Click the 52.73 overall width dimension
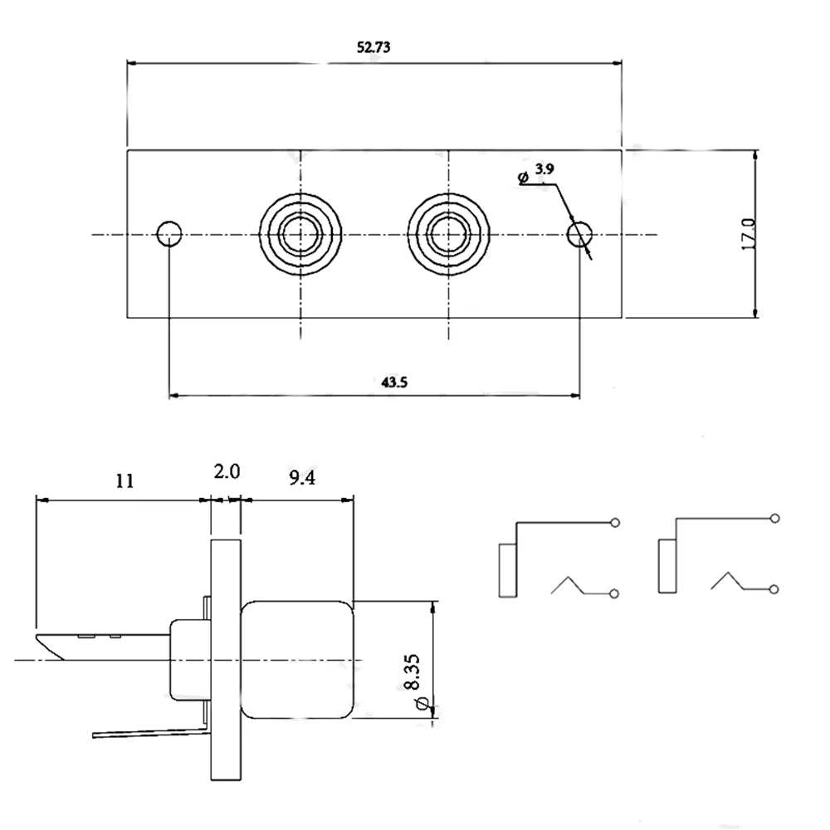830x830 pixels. click(373, 47)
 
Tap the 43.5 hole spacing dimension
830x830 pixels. click(394, 382)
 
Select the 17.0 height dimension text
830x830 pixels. click(749, 234)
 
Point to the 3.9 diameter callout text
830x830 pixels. click(544, 168)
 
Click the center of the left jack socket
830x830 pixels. click(300, 234)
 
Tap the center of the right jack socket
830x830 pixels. click(448, 234)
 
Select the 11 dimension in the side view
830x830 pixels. click(125, 481)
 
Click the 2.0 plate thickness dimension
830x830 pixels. click(227, 471)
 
